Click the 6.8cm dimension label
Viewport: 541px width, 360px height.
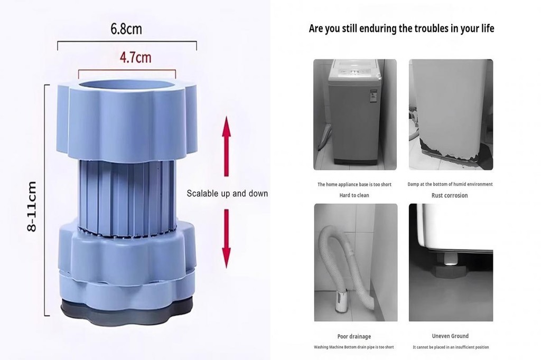pos(126,29)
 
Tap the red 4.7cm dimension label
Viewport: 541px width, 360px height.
pos(135,57)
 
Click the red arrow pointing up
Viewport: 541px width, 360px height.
pos(226,145)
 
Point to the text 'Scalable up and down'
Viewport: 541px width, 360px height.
pos(227,194)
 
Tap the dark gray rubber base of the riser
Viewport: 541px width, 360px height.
pos(127,311)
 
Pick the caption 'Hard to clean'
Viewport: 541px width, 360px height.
pos(354,195)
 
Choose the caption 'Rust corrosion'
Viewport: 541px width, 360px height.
pos(450,195)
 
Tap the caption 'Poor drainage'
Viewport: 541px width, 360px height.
pos(354,336)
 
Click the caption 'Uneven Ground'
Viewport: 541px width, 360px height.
pos(450,336)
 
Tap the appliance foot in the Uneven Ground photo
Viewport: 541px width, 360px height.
pos(451,261)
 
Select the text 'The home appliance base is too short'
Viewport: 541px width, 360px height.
pos(355,185)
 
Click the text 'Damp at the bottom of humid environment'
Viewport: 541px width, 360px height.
pos(450,185)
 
